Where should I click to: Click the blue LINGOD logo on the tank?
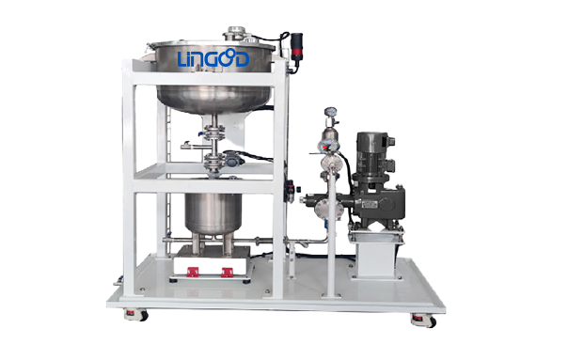click(x=213, y=58)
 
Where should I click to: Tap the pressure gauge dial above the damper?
click(x=330, y=112)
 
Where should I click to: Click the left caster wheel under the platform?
click(x=136, y=315)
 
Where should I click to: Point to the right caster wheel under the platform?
click(x=424, y=320)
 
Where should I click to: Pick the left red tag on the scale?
click(x=193, y=273)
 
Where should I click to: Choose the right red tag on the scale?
click(x=228, y=273)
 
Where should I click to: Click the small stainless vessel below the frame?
click(x=213, y=213)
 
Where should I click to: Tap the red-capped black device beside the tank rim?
click(x=296, y=46)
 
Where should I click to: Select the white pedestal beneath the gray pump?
click(x=375, y=257)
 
